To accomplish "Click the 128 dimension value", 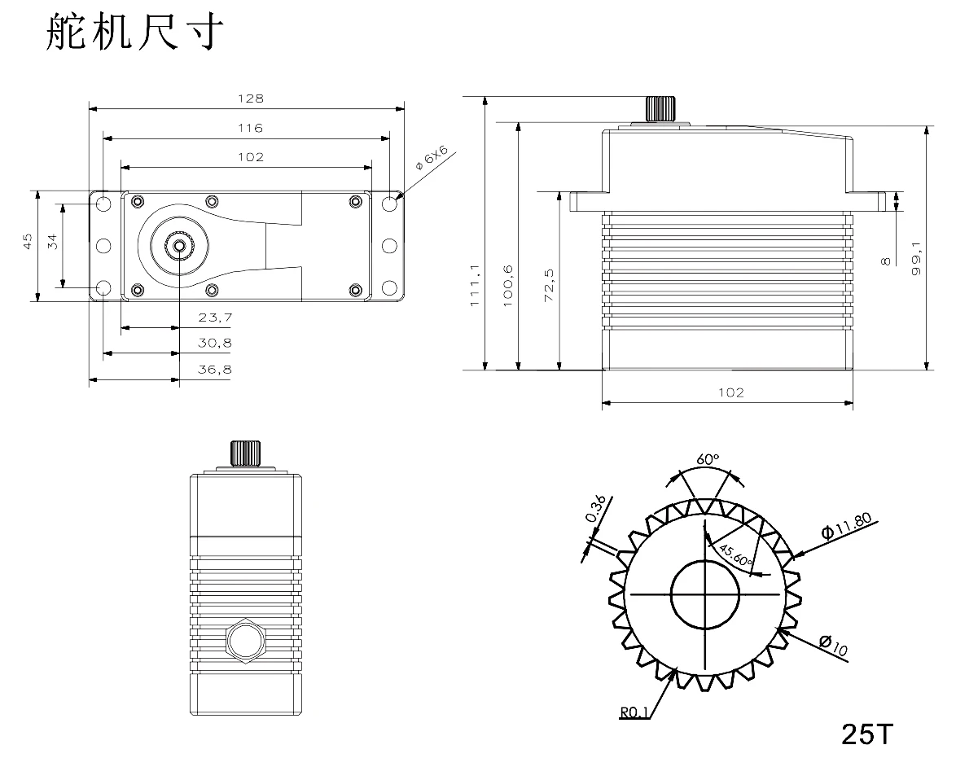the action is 251,99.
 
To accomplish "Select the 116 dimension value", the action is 251,128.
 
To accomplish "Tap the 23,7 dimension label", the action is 215,318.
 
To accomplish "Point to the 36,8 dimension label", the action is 215,369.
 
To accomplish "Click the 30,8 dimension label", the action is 215,344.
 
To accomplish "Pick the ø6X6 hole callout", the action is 431,158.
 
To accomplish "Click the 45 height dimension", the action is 28,242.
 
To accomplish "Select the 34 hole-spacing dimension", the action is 53,242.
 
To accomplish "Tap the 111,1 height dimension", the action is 476,286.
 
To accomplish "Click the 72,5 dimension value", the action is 549,286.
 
